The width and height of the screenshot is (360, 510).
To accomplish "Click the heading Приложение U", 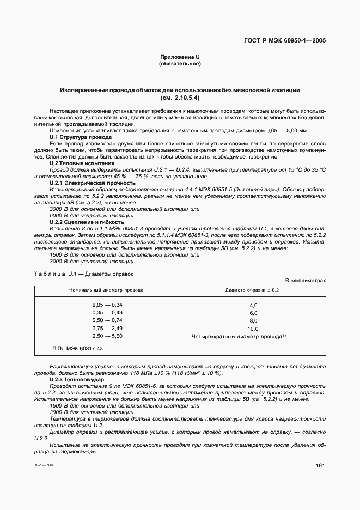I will (x=180, y=57).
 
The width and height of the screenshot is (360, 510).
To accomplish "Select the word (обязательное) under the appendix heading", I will (x=180, y=64).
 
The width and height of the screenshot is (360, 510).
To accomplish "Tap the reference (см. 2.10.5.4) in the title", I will (x=180, y=98).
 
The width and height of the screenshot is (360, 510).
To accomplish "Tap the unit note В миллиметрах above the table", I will (x=306, y=281).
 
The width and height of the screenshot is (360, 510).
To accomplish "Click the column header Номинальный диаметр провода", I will (x=107, y=290).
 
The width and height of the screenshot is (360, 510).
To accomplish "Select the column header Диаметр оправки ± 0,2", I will (x=252, y=290).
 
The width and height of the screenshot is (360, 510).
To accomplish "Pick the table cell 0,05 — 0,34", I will (x=107, y=305).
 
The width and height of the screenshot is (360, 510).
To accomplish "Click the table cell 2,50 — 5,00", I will (x=107, y=337).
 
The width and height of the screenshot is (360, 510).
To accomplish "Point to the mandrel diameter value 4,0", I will (x=253, y=305).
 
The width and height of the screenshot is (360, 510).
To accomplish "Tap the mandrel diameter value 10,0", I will (x=253, y=329).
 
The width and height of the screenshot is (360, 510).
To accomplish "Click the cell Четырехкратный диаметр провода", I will (x=236, y=337).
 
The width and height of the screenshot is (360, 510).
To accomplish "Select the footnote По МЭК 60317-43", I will (x=80, y=348).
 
